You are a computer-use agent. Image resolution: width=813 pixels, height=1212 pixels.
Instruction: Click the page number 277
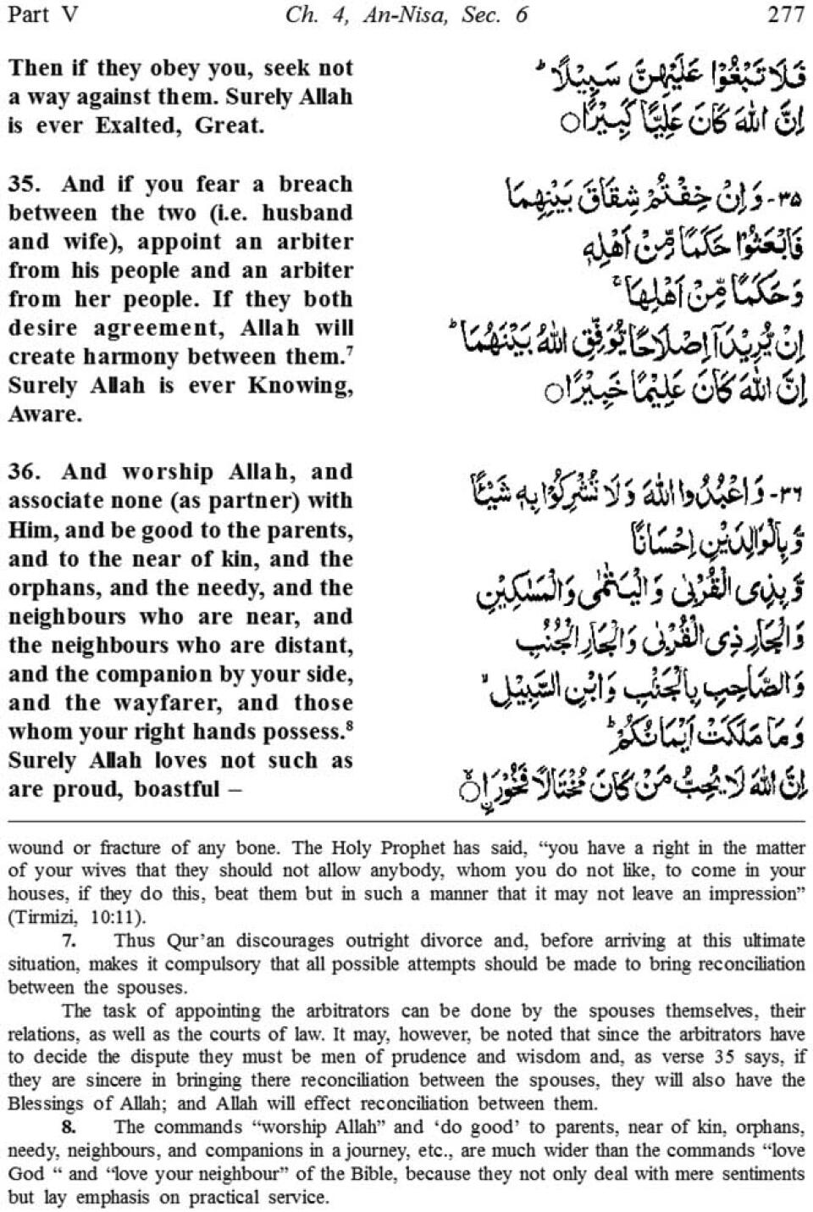coord(785,14)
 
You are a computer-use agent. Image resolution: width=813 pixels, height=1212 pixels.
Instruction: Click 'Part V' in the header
coord(41,14)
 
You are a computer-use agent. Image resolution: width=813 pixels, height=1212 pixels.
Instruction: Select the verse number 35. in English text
coord(25,184)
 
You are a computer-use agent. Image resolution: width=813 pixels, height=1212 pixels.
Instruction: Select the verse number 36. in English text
coord(25,472)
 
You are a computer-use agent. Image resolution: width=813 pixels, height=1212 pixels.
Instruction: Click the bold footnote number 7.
coord(69,940)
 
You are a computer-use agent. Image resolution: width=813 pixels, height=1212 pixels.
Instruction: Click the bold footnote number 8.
coord(69,1126)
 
